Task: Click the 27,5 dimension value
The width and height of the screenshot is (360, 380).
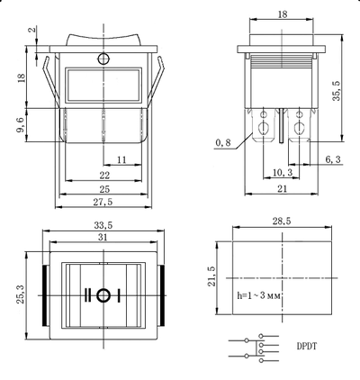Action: coord(103,202)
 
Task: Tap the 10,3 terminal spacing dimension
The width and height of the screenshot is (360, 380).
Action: coord(283,171)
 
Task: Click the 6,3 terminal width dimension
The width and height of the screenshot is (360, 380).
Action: coord(332,159)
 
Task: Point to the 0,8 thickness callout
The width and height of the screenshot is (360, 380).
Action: coord(222,142)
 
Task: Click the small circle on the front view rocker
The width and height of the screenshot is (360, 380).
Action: coord(103,59)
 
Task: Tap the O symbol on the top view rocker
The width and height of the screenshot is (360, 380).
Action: coord(104,295)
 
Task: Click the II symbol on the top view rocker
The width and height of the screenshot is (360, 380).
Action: coord(89,295)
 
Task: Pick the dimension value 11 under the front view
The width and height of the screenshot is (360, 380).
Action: coord(121,158)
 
